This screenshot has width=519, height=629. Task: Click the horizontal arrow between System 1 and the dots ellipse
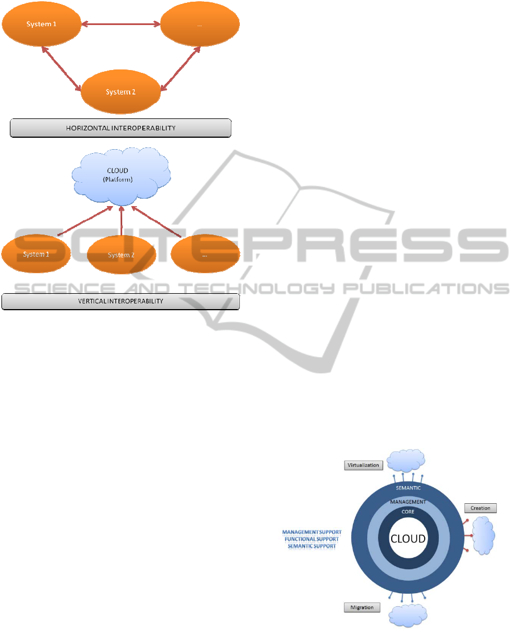[121, 24]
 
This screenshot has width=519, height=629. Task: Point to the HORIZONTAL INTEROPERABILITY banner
[121, 128]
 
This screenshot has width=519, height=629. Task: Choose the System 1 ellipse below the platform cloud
[35, 254]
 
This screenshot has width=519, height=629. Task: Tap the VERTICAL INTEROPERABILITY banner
[121, 301]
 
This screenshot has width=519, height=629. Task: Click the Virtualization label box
[363, 465]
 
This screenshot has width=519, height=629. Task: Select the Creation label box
[480, 508]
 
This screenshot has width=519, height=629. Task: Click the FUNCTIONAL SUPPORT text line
[312, 539]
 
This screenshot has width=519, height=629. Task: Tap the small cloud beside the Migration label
[407, 615]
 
